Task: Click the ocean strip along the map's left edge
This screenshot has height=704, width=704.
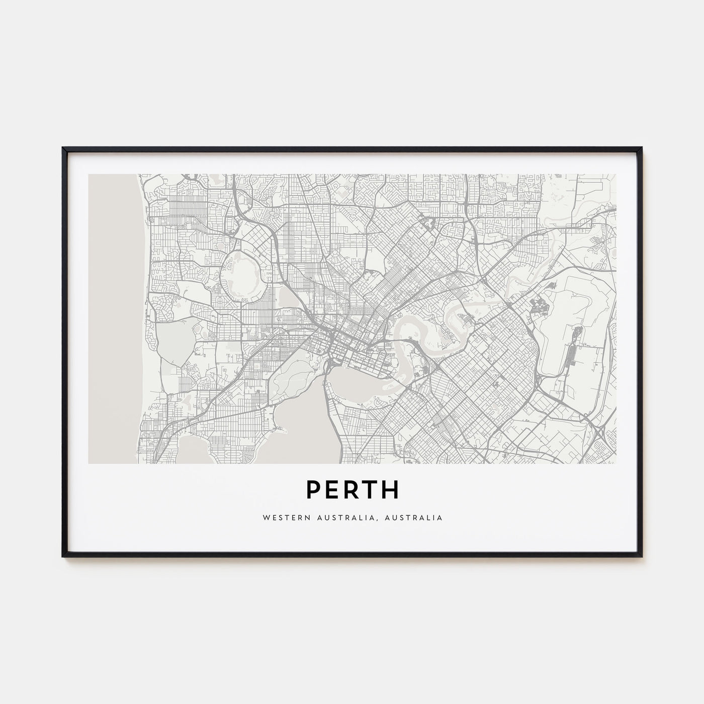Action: [x=116, y=312]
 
